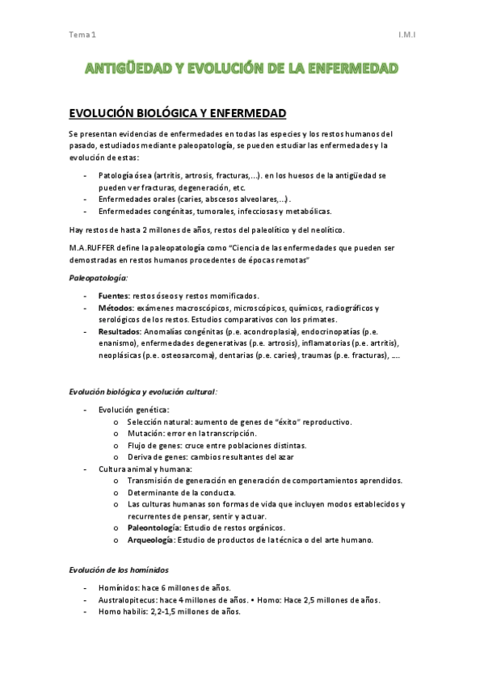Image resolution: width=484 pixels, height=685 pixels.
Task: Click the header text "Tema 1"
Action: [x=82, y=36]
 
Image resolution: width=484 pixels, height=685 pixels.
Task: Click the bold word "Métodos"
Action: [x=116, y=309]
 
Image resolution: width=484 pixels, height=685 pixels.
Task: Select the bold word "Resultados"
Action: [x=121, y=332]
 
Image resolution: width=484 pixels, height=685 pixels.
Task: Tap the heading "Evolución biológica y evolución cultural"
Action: [x=141, y=392]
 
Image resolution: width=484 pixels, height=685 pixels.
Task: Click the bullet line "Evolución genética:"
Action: [x=133, y=410]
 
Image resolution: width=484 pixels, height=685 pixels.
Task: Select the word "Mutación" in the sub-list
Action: [x=145, y=433]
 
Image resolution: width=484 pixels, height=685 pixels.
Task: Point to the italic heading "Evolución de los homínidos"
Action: [x=118, y=570]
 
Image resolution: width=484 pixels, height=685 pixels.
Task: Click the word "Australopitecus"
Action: [x=127, y=600]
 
